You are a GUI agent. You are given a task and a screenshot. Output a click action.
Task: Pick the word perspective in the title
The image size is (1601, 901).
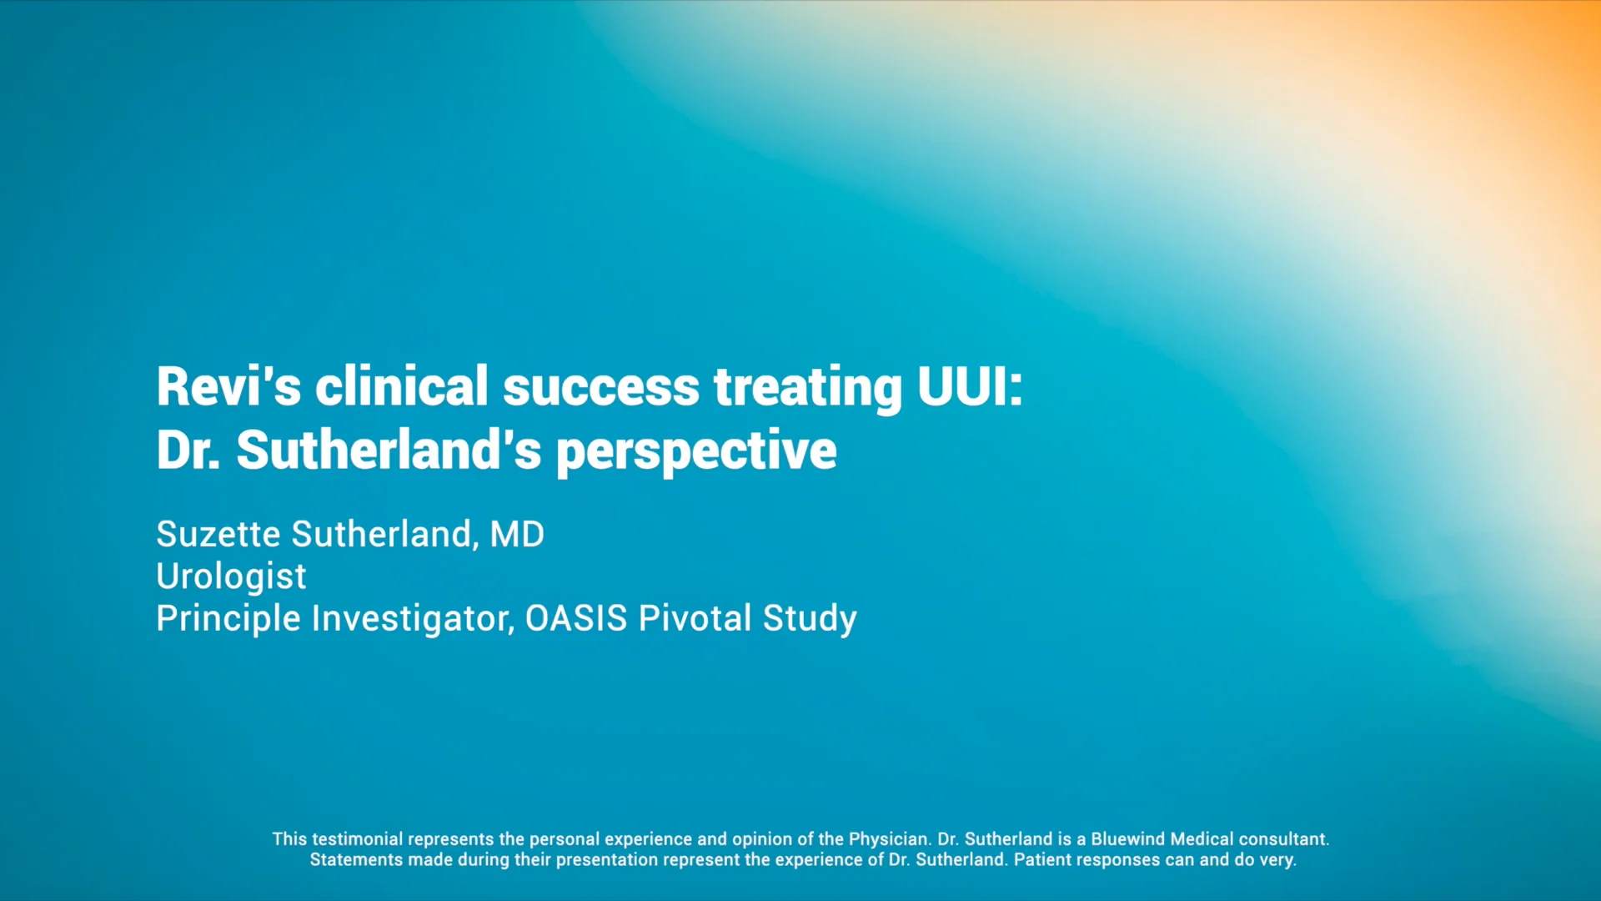pyautogui.click(x=695, y=450)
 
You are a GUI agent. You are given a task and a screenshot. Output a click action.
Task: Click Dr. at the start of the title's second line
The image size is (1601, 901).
pyautogui.click(x=188, y=450)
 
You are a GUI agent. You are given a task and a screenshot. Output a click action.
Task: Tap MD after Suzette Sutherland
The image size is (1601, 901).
pyautogui.click(x=517, y=534)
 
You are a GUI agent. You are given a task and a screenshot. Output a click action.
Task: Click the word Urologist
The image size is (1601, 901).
pyautogui.click(x=231, y=576)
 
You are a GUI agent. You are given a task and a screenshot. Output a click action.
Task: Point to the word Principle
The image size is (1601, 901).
pyautogui.click(x=228, y=618)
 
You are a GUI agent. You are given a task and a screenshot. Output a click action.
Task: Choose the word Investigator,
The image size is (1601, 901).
pyautogui.click(x=413, y=618)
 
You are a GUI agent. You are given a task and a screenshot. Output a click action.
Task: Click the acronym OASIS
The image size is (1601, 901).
pyautogui.click(x=575, y=618)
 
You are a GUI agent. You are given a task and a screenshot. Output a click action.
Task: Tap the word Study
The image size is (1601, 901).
pyautogui.click(x=809, y=618)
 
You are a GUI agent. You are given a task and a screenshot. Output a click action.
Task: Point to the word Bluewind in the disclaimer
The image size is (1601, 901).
pyautogui.click(x=1128, y=839)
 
